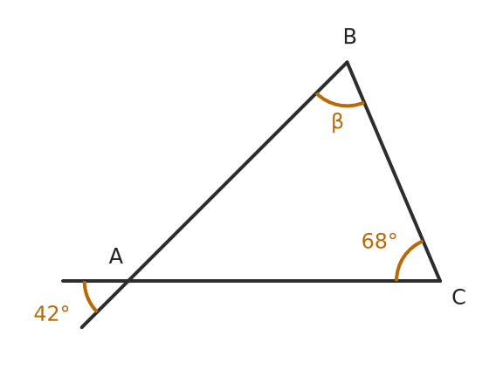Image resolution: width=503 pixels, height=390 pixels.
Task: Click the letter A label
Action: [116, 256]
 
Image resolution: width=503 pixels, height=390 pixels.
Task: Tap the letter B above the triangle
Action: [349, 37]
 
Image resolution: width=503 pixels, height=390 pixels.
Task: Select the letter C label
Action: [458, 297]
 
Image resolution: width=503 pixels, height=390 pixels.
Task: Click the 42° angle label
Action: [52, 313]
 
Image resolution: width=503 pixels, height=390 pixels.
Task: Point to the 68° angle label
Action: [379, 241]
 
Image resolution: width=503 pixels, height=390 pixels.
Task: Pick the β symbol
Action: [337, 122]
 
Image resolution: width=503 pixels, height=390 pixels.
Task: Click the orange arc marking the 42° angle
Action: [88, 298]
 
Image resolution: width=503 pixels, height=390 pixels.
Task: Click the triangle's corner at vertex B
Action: [347, 62]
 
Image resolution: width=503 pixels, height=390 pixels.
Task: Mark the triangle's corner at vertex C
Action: [440, 281]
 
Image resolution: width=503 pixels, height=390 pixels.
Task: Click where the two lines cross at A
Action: [128, 281]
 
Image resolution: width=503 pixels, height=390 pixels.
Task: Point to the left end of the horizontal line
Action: [63, 281]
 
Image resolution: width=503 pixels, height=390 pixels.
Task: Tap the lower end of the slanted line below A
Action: [82, 327]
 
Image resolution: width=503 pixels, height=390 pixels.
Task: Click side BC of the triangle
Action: [394, 171]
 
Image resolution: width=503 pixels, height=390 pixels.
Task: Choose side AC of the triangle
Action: [284, 281]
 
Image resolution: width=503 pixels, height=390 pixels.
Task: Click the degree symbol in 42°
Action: [65, 309]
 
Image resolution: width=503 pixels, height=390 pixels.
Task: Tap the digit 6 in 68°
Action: [368, 241]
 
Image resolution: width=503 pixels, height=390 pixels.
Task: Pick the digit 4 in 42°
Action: [40, 313]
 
